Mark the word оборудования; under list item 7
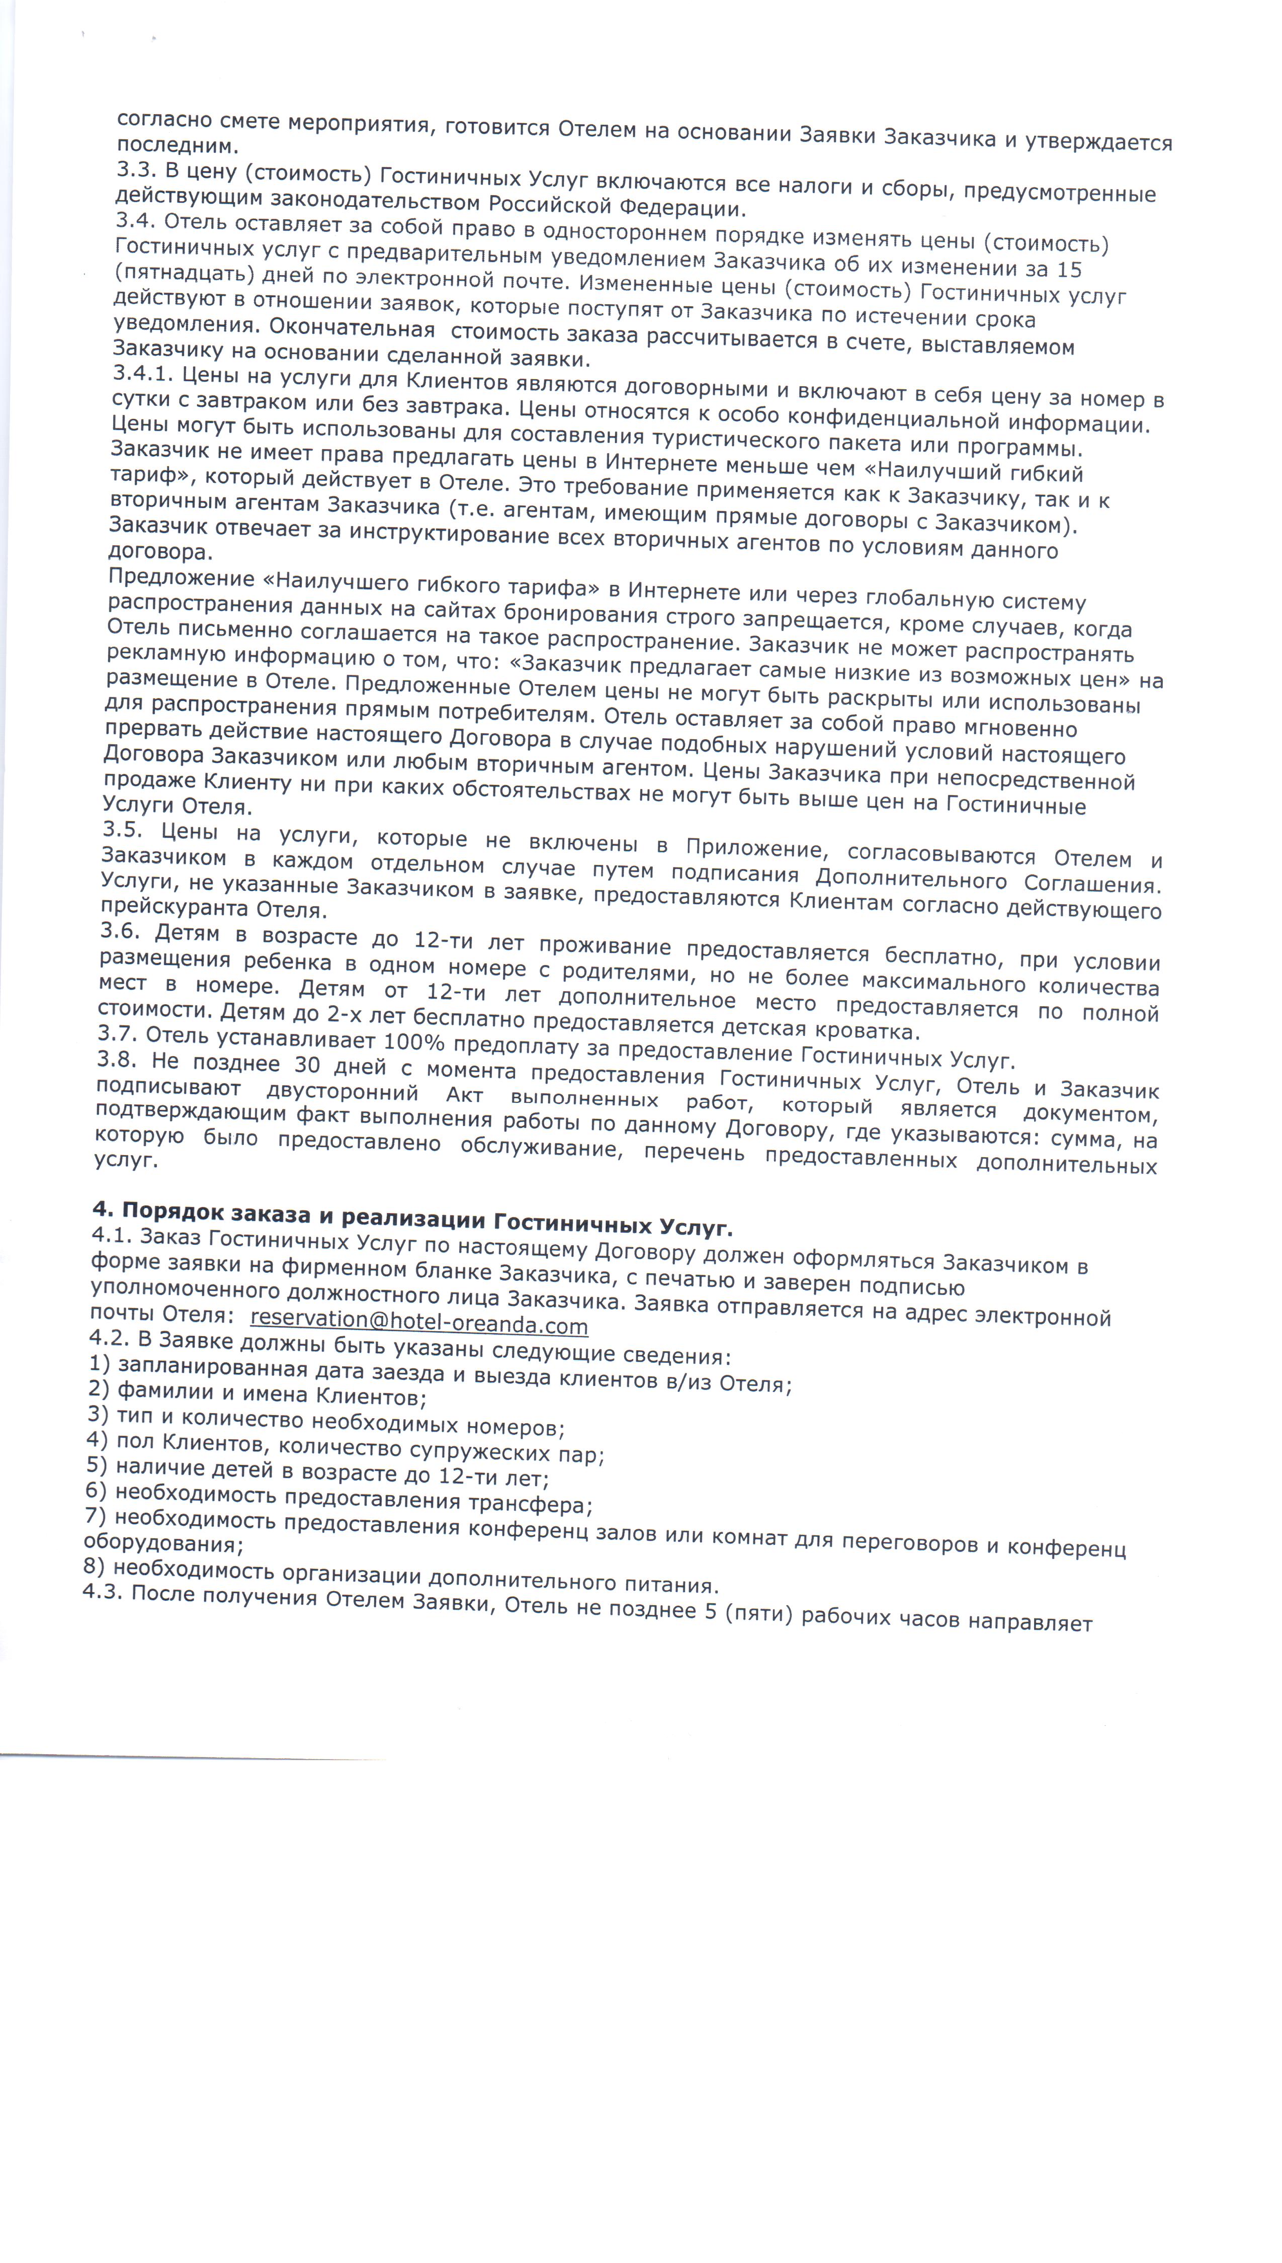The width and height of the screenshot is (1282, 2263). point(163,1543)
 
